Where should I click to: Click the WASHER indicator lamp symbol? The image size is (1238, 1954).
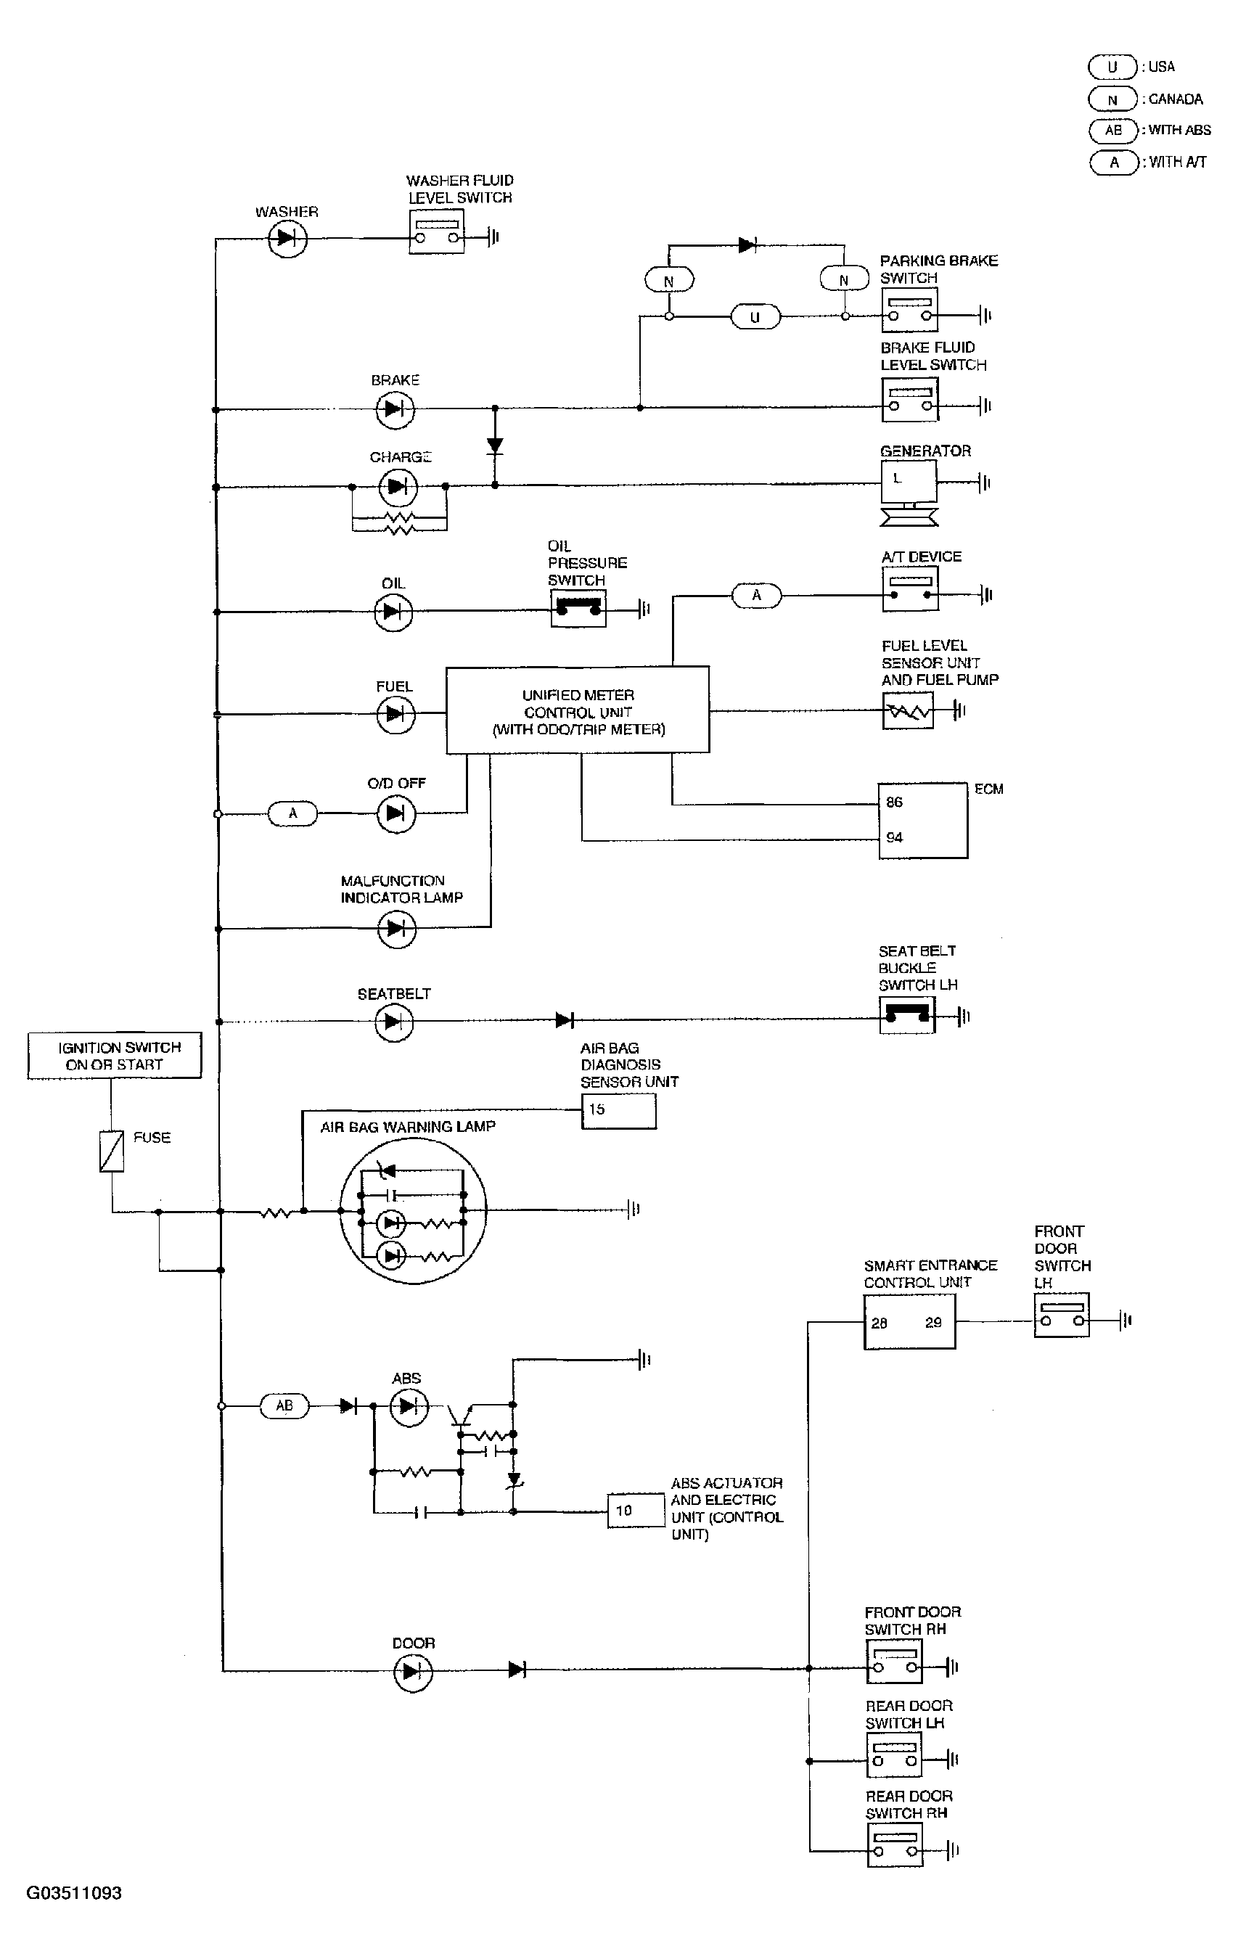point(287,238)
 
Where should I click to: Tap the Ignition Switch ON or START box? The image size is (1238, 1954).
point(115,1055)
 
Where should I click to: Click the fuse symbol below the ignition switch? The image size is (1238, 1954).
point(112,1152)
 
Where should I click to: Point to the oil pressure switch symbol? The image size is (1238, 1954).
point(578,607)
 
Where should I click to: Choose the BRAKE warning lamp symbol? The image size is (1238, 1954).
point(395,409)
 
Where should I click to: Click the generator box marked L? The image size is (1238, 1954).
point(909,482)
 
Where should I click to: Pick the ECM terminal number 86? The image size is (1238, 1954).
point(894,802)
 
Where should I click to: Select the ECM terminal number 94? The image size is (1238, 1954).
point(894,837)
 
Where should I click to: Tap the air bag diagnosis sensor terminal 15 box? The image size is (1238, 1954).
point(618,1111)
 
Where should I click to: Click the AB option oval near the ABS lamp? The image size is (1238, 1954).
point(284,1405)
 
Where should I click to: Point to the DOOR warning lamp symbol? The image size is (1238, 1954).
point(413,1672)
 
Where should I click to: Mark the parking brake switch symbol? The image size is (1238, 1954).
point(910,311)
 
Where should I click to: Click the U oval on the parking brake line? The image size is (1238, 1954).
point(755,316)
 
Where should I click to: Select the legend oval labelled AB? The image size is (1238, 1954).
point(1114,130)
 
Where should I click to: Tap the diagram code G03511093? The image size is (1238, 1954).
point(74,1893)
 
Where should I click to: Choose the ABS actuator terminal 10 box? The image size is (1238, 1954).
point(636,1510)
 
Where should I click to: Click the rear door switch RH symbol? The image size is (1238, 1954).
point(895,1845)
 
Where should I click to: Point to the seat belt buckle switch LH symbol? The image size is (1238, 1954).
point(907,1014)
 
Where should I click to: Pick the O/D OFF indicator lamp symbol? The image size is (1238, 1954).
point(396,813)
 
